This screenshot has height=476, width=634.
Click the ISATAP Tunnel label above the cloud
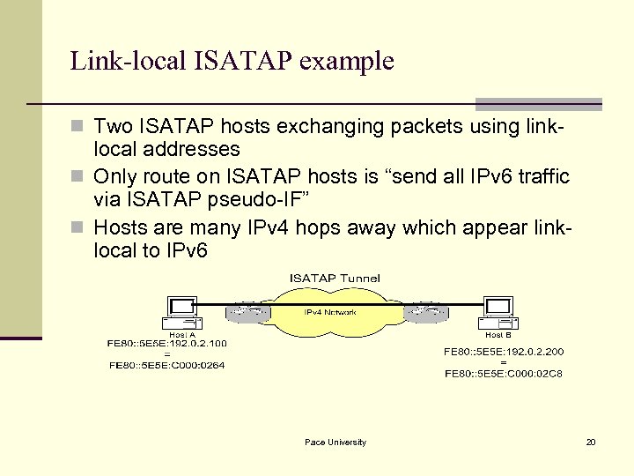coord(335,278)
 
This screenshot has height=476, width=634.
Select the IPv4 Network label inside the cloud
coord(331,313)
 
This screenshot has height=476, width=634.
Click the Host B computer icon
coord(498,312)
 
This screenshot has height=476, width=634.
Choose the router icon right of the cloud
coord(431,313)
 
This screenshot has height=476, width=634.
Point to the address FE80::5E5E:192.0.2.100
coord(167,343)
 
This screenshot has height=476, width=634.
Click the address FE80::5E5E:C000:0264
coord(167,364)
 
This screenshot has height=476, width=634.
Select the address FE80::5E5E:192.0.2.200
coord(504,351)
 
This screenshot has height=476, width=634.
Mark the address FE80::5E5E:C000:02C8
coord(504,373)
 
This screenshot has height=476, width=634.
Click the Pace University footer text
coord(335,442)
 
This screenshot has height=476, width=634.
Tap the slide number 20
coord(591,442)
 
